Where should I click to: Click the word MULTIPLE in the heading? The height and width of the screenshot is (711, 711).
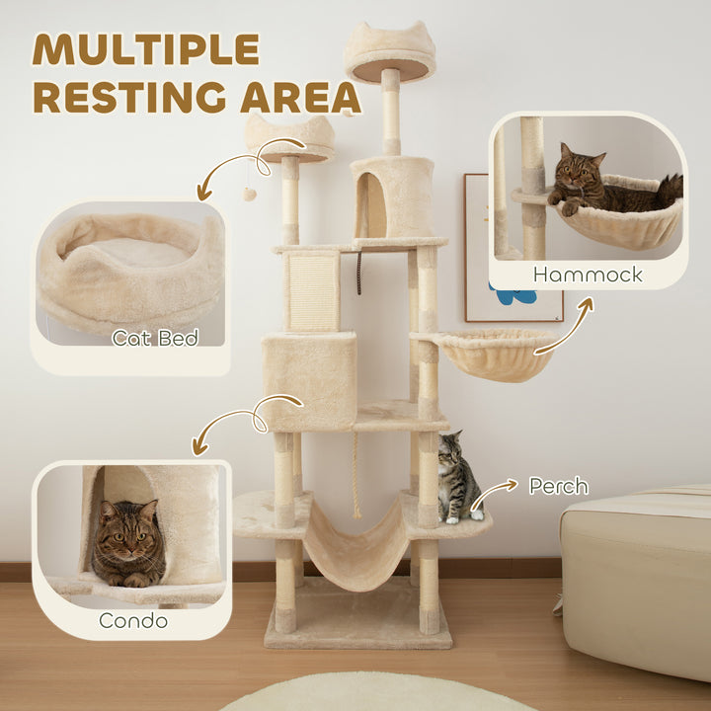click(146, 49)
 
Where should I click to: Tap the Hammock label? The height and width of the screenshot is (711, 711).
click(589, 274)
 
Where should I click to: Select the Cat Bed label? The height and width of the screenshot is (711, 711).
click(155, 338)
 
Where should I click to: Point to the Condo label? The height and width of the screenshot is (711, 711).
click(132, 620)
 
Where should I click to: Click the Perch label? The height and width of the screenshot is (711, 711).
click(558, 486)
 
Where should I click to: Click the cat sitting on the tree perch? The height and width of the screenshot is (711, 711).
click(457, 479)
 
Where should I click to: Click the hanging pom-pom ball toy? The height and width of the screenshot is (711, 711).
click(250, 194)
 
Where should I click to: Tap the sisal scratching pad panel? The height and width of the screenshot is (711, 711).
click(312, 288)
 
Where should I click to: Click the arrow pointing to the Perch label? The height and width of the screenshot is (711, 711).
click(497, 487)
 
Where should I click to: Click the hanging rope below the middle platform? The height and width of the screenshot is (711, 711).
click(356, 474)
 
